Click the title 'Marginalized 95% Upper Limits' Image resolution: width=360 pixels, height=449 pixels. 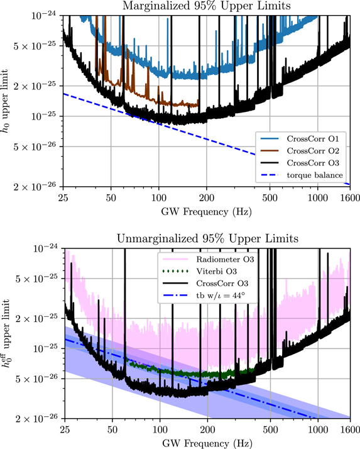[x=206, y=7]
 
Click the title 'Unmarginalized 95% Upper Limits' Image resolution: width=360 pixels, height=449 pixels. [x=206, y=239]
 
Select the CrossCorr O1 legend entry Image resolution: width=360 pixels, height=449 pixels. [x=303, y=138]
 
